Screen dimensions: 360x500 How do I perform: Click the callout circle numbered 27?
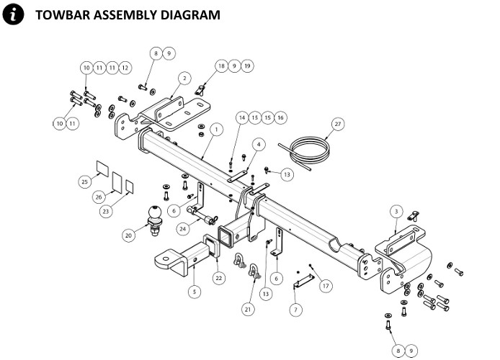click(x=336, y=124)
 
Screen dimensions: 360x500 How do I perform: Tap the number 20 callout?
click(x=129, y=235)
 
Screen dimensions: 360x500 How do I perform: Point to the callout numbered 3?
click(x=395, y=211)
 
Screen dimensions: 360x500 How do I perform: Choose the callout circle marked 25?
click(x=84, y=182)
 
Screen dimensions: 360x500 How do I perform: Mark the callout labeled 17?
click(x=326, y=286)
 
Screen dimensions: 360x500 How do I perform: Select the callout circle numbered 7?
click(x=295, y=310)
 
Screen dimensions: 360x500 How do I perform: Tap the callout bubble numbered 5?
click(x=195, y=292)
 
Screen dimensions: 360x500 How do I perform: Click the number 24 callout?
click(x=183, y=229)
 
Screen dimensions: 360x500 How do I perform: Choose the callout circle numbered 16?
click(x=280, y=117)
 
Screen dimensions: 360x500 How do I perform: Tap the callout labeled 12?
click(x=125, y=68)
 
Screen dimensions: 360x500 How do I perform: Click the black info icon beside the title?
click(x=12, y=14)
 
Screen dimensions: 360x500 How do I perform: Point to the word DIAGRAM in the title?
click(x=189, y=14)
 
